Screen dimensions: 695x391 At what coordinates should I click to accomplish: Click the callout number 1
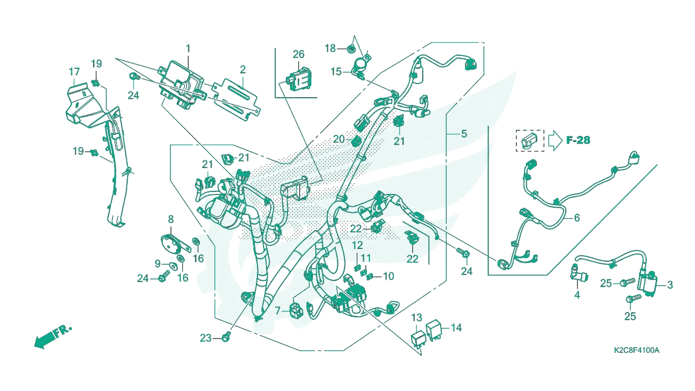[x=188, y=49]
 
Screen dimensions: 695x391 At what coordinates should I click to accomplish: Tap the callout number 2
[x=243, y=70]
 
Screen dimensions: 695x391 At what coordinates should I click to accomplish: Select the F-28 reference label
[x=578, y=141]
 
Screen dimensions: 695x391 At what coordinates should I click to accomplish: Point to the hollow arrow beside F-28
[x=555, y=141]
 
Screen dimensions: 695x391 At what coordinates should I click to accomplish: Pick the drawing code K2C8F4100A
[x=636, y=350]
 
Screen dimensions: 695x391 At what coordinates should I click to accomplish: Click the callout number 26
[x=299, y=54]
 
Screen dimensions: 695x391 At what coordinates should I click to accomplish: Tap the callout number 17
[x=74, y=72]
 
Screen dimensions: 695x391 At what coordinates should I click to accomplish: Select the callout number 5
[x=464, y=134]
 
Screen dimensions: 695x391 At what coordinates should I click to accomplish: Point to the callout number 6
[x=577, y=218]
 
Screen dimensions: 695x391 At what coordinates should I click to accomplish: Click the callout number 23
[x=206, y=338]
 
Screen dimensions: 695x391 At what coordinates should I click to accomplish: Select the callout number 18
[x=330, y=48]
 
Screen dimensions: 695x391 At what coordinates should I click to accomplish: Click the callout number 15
[x=336, y=72]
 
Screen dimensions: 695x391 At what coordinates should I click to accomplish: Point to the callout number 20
[x=339, y=139]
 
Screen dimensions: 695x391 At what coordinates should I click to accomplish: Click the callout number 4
[x=577, y=295]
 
